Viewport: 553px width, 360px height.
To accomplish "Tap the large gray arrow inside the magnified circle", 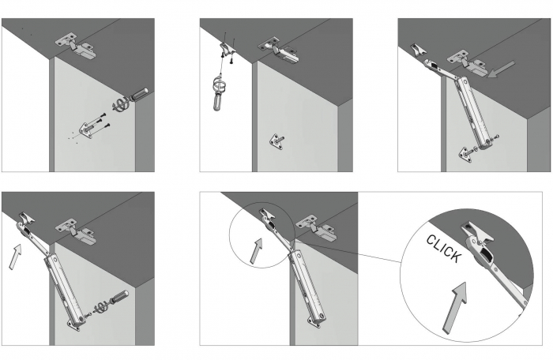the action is pyautogui.click(x=455, y=306).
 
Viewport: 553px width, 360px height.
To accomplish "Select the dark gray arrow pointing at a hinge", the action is pyautogui.click(x=501, y=69).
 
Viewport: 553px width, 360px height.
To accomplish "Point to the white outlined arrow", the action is pyautogui.click(x=15, y=257).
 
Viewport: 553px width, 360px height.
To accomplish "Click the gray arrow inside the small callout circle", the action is pyautogui.click(x=257, y=250).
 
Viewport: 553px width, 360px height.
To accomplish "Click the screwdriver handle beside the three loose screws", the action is pyautogui.click(x=139, y=95).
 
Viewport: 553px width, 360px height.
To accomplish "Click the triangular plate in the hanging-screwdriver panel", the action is pyautogui.click(x=276, y=141).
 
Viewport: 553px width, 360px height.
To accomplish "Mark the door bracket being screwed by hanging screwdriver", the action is pyautogui.click(x=227, y=48).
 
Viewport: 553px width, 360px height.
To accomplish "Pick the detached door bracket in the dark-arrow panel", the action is pyautogui.click(x=418, y=50).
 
